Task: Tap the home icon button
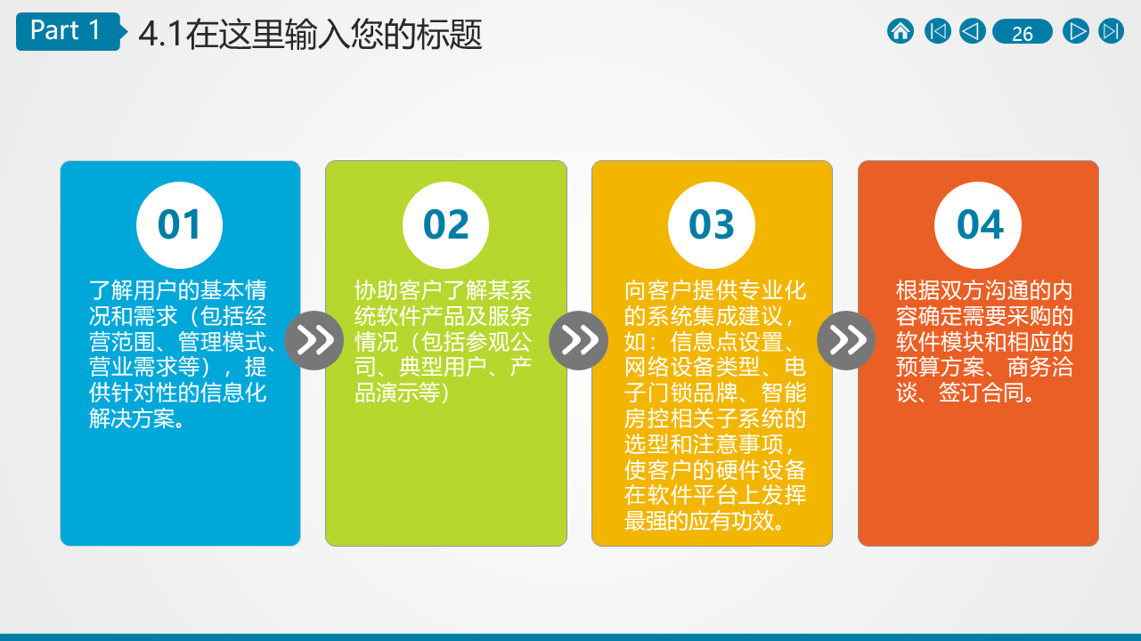(901, 31)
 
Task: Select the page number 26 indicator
(1023, 31)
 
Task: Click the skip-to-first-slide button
(937, 31)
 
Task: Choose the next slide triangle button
(1076, 31)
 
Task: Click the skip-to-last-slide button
(1111, 31)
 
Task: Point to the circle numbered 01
(179, 225)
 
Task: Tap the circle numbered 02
(445, 225)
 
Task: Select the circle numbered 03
(712, 225)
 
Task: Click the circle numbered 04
(978, 225)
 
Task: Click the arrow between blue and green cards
(314, 340)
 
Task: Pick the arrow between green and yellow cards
(579, 340)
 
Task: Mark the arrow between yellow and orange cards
(846, 340)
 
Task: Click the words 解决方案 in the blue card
(133, 418)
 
